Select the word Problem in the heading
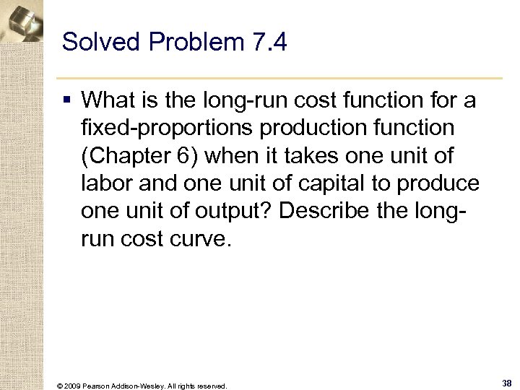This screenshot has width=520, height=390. point(193,43)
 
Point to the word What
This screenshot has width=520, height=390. point(108,100)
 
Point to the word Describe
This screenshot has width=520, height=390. point(317,211)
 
